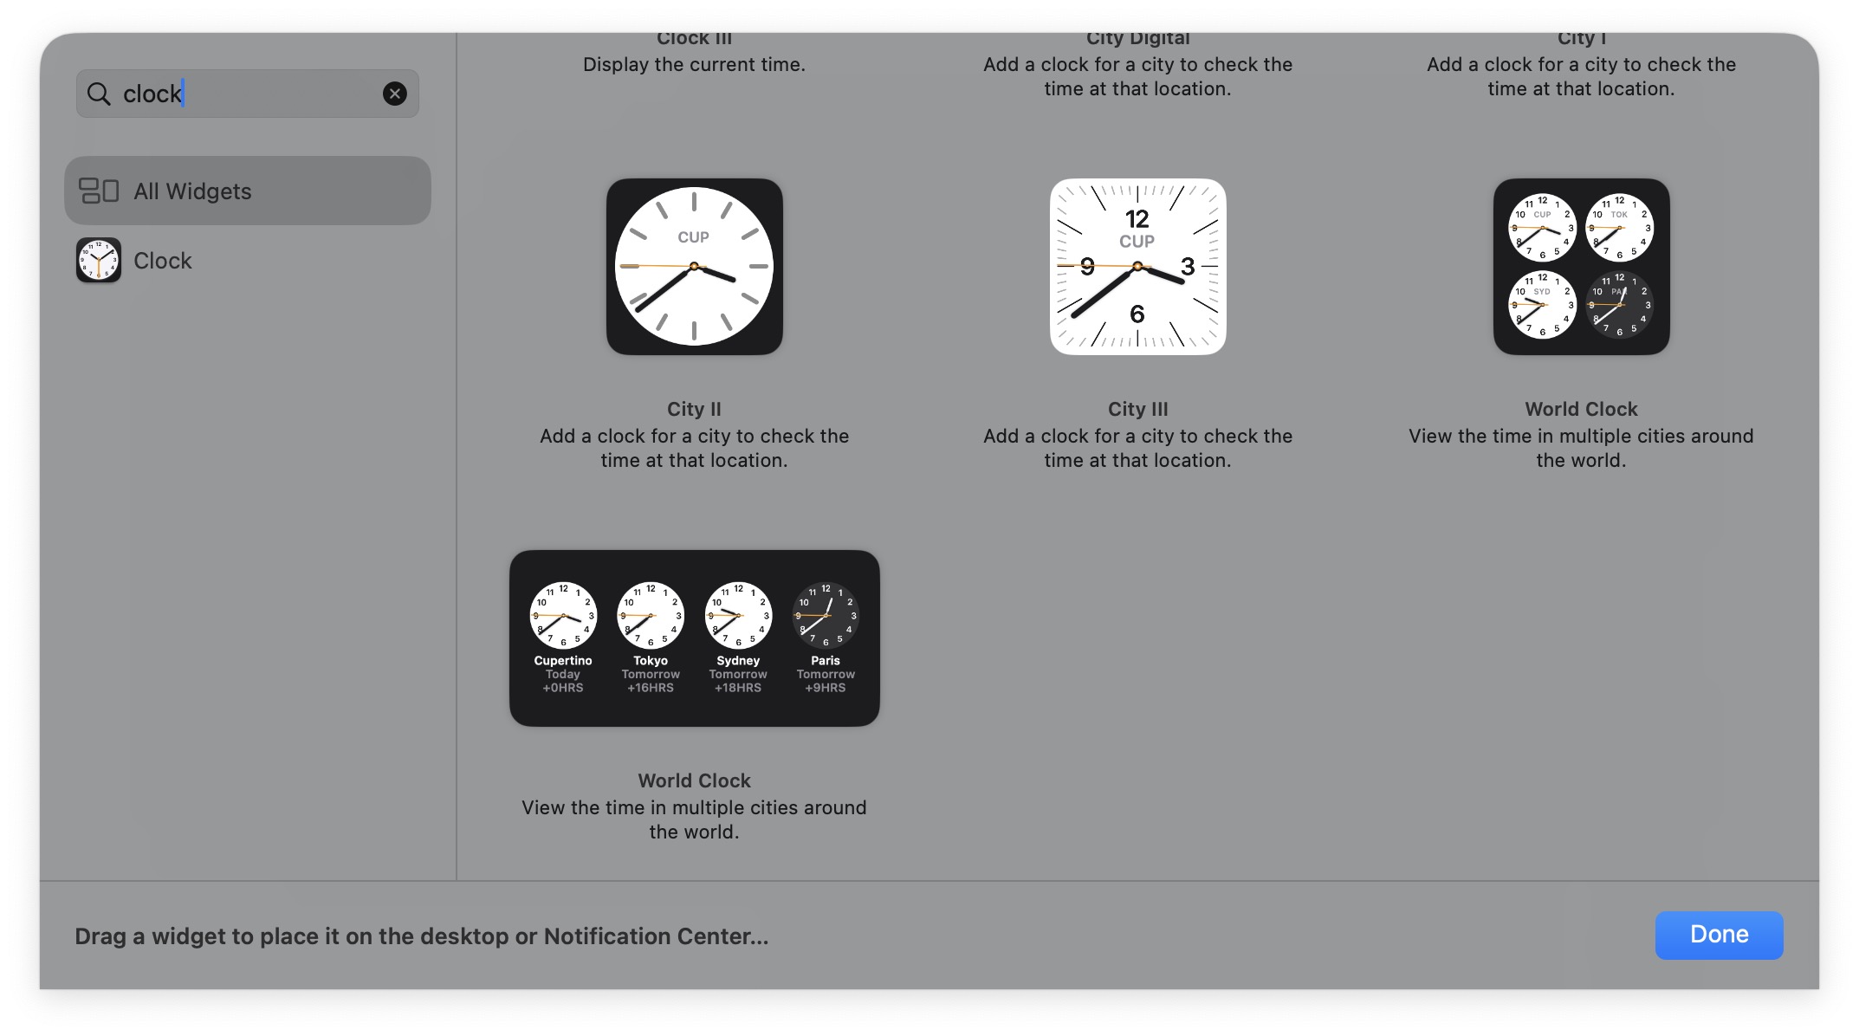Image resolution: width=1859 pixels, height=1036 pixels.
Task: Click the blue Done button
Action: tap(1718, 935)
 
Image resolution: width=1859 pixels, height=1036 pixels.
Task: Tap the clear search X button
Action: tap(394, 94)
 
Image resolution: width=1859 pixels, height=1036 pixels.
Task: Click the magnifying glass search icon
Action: tap(100, 94)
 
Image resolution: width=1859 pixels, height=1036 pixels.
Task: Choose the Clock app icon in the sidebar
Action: tap(99, 260)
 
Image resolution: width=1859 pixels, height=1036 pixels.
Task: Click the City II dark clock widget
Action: tap(694, 267)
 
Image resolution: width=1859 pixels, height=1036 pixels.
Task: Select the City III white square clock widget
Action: tap(1137, 267)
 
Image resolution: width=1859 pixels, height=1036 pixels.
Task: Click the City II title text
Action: tap(694, 409)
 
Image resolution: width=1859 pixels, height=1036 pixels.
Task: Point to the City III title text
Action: tap(1137, 409)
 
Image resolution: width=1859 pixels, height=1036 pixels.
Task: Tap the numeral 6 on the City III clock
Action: tap(1137, 314)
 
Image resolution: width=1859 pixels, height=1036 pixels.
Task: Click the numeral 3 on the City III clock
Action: tap(1188, 267)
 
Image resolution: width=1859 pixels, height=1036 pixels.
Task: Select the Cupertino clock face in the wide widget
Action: tap(563, 615)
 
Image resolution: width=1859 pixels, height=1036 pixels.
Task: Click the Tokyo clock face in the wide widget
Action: tap(651, 615)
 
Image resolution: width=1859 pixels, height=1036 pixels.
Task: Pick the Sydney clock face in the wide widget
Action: tap(738, 615)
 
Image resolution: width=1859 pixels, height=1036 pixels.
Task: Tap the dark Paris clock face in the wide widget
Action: tap(826, 615)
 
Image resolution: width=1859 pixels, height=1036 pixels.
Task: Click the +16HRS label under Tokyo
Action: tap(651, 688)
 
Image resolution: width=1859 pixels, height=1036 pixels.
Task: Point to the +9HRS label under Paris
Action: tap(826, 688)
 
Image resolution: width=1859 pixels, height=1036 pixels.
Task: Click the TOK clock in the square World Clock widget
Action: tap(1619, 228)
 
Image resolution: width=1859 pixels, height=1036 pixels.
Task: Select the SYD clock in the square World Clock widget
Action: tap(1542, 305)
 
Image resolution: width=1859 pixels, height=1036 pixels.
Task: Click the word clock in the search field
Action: tap(152, 94)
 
